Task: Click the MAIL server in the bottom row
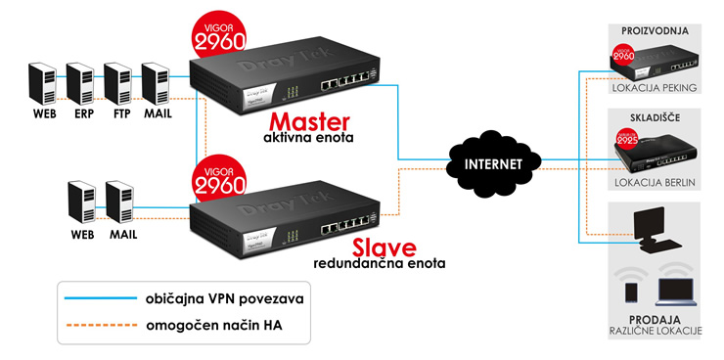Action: (119, 201)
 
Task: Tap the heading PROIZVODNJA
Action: (655, 31)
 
